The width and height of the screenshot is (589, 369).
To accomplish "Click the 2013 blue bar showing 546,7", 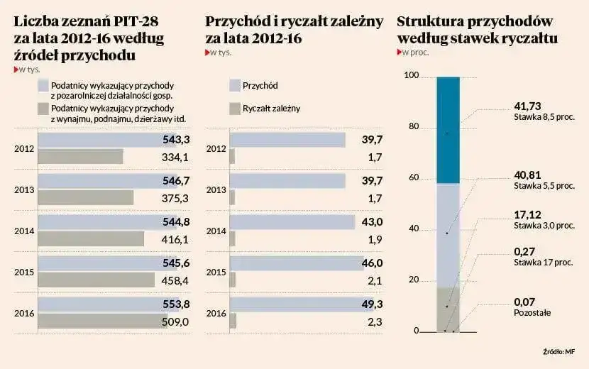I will (x=99, y=181).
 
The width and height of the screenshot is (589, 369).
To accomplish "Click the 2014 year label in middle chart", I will (x=216, y=231).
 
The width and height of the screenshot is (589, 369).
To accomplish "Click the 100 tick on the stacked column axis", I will (x=411, y=77).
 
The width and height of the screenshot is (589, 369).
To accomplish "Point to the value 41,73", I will (x=527, y=106).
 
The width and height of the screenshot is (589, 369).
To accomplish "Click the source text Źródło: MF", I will (x=558, y=351).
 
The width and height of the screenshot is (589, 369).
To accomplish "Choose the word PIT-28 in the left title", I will (x=133, y=21).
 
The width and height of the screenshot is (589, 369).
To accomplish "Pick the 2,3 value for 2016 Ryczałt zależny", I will (x=375, y=321).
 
